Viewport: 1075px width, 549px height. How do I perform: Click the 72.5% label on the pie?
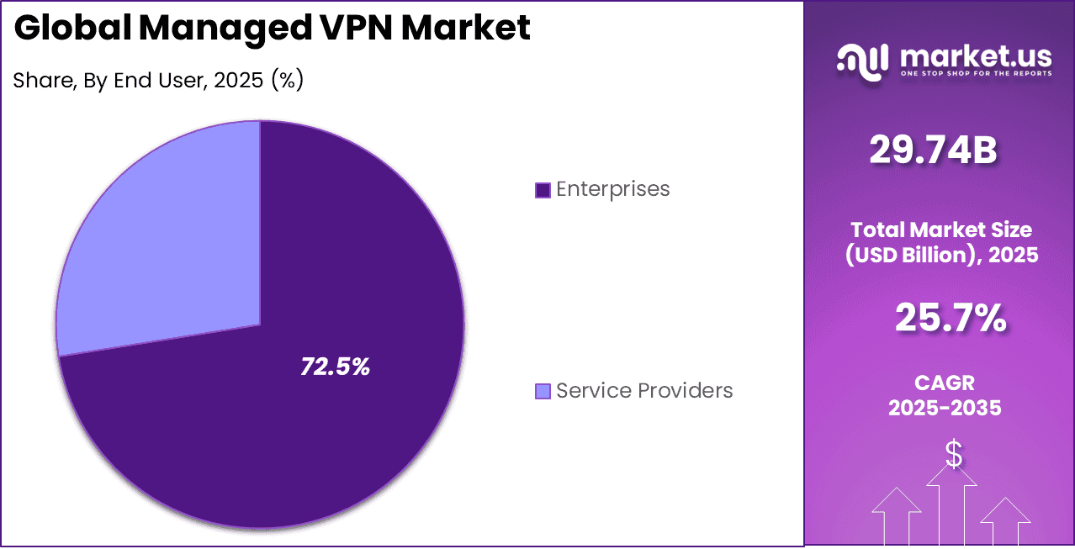tap(336, 367)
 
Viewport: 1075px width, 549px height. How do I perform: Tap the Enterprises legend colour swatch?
tap(543, 190)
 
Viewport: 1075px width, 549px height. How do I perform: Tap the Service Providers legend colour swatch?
tap(543, 391)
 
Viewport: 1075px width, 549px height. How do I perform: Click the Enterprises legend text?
tap(612, 189)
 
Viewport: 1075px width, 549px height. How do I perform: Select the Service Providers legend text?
tap(644, 391)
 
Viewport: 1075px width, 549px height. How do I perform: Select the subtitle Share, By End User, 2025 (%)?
tap(158, 80)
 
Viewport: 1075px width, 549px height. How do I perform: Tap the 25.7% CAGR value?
tap(950, 318)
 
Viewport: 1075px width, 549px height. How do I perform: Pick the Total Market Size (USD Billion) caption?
tap(941, 242)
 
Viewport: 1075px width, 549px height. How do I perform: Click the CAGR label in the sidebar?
tap(944, 383)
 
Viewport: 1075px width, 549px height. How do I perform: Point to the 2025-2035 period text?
tap(944, 408)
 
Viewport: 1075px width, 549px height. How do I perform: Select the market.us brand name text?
tap(975, 55)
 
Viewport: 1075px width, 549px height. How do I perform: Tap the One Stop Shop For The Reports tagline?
tap(976, 74)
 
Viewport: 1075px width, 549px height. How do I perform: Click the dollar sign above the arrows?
tap(953, 454)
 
